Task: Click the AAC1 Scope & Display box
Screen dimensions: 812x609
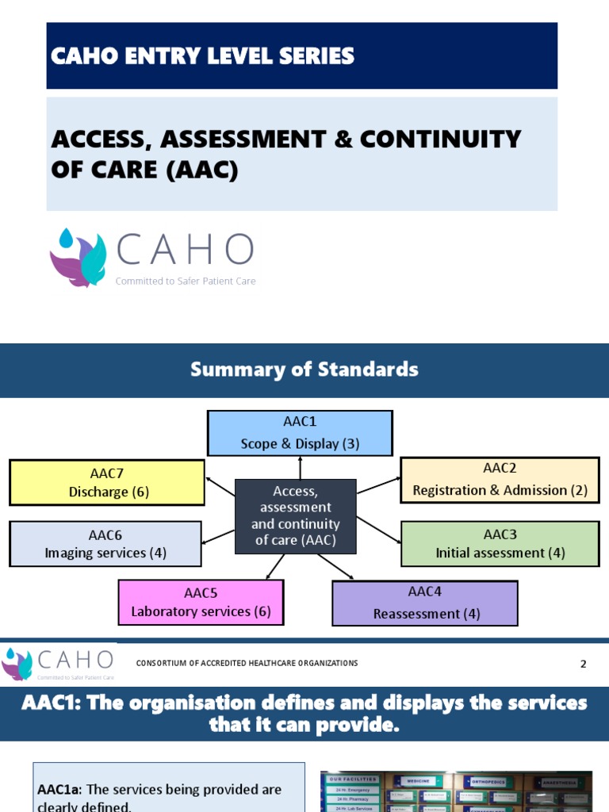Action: [x=300, y=433]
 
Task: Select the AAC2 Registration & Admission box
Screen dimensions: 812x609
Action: [x=500, y=480]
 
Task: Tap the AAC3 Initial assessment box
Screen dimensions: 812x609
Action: [x=500, y=543]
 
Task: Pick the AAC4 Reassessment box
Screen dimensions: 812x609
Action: [x=424, y=603]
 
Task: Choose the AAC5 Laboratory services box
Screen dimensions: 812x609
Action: [x=201, y=603]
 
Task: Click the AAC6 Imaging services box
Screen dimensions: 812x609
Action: [x=105, y=543]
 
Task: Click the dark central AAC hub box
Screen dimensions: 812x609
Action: [x=296, y=516]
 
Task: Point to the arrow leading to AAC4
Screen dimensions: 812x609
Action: [x=336, y=566]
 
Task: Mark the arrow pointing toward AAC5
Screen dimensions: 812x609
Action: [x=274, y=566]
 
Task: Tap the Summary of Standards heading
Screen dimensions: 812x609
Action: [x=304, y=370]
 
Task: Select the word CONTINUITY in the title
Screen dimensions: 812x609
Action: [x=440, y=139]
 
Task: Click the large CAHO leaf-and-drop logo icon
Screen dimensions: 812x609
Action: [x=78, y=257]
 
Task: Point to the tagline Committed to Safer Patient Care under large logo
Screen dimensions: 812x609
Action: [x=186, y=281]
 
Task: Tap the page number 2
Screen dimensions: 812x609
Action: [x=583, y=665]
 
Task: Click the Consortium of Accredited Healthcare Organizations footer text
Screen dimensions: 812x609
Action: [x=247, y=663]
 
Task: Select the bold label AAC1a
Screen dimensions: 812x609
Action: [x=59, y=790]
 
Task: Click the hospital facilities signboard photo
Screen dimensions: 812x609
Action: [x=455, y=791]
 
